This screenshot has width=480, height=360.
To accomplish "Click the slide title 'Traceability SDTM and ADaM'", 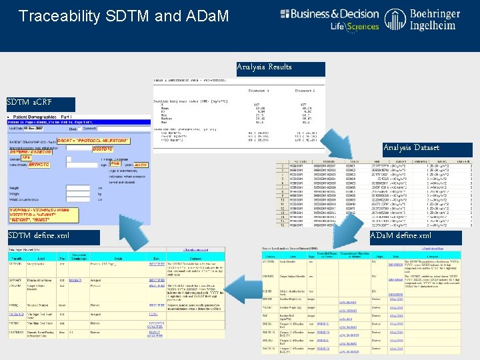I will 123,15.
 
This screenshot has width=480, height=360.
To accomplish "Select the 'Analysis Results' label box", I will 281,68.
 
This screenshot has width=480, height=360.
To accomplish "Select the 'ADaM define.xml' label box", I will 414,236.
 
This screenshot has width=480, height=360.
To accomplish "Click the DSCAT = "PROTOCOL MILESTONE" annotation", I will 93,141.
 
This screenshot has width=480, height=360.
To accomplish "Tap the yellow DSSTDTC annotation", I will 103,149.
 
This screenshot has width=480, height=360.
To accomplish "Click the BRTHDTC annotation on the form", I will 40,165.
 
